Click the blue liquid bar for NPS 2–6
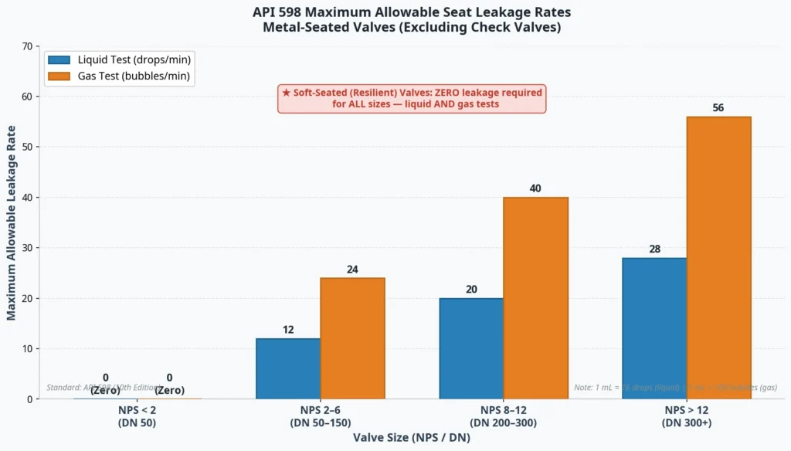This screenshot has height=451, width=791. pyautogui.click(x=288, y=368)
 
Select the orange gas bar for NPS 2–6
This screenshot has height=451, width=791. pyautogui.click(x=352, y=338)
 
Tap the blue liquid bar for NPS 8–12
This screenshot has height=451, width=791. pyautogui.click(x=471, y=348)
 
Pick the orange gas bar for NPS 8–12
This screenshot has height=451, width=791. pyautogui.click(x=535, y=298)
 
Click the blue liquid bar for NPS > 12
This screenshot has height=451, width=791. pyautogui.click(x=654, y=328)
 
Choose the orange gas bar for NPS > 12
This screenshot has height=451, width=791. pyautogui.click(x=718, y=258)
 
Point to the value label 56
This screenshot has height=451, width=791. pyautogui.click(x=718, y=107)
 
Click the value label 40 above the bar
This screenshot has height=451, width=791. pyautogui.click(x=535, y=188)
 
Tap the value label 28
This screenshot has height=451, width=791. pyautogui.click(x=654, y=249)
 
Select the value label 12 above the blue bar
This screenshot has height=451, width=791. pyautogui.click(x=288, y=330)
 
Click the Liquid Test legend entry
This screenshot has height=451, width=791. pyautogui.click(x=119, y=59)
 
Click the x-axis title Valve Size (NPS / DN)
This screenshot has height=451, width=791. pyautogui.click(x=412, y=437)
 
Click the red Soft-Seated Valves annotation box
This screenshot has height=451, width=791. pyautogui.click(x=412, y=98)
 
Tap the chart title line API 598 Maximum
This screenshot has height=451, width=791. pyautogui.click(x=412, y=12)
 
